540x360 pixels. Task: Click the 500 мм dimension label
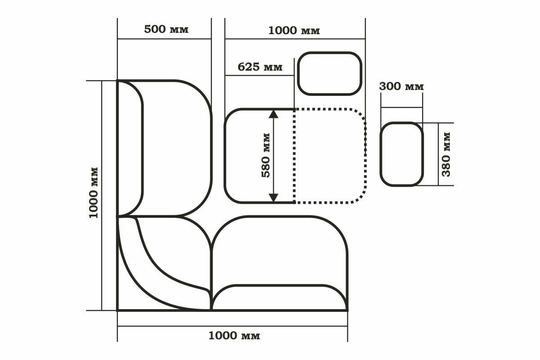pyautogui.click(x=166, y=30)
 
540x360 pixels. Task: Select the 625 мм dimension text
pyautogui.click(x=260, y=67)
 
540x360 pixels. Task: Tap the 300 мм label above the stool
pyautogui.click(x=401, y=86)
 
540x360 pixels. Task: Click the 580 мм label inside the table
pyautogui.click(x=266, y=155)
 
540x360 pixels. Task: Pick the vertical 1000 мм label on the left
pyautogui.click(x=94, y=193)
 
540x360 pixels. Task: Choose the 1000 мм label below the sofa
pyautogui.click(x=234, y=336)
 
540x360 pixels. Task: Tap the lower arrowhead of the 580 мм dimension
pyautogui.click(x=273, y=197)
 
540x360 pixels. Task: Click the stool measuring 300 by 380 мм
pyautogui.click(x=401, y=154)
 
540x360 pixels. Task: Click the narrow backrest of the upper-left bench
pyautogui.click(x=130, y=148)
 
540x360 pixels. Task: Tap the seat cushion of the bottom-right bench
pyautogui.click(x=279, y=250)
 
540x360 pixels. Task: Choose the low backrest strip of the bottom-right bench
pyautogui.click(x=279, y=297)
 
